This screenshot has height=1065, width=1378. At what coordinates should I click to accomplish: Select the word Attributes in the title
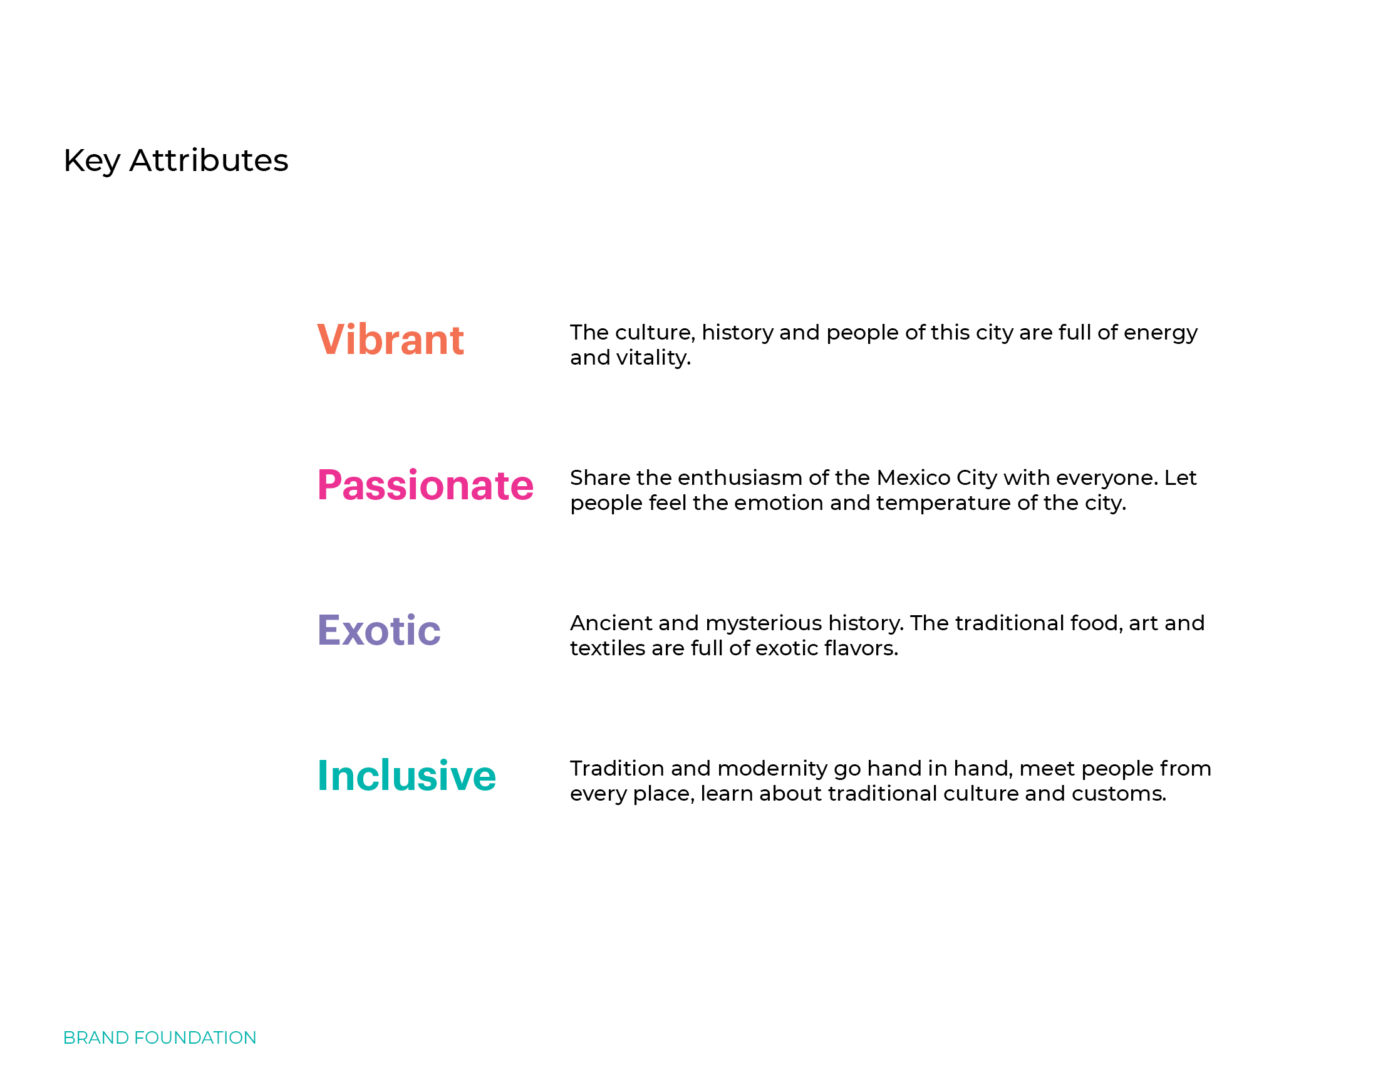[x=209, y=160]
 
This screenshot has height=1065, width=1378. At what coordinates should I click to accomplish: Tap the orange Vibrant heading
[x=391, y=340]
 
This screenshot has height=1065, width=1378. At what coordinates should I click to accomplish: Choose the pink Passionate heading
[x=425, y=485]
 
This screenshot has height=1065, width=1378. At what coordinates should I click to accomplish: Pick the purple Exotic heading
[x=378, y=630]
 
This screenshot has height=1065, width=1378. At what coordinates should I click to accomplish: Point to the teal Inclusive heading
[x=407, y=776]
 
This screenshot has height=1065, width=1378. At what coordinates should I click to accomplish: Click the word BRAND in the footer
[x=96, y=1038]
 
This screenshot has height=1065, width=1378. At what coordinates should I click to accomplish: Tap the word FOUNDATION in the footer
[x=195, y=1038]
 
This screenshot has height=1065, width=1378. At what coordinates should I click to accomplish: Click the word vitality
[x=654, y=358]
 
